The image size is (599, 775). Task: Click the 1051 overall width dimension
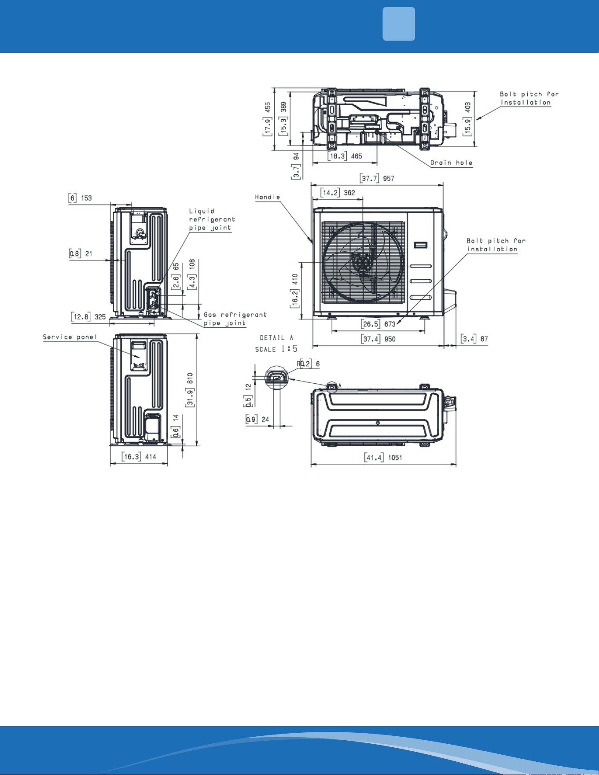(x=395, y=457)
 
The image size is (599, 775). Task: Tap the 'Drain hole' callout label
(x=451, y=163)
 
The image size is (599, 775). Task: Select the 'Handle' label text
(x=268, y=197)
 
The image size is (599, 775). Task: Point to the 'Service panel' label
(x=70, y=337)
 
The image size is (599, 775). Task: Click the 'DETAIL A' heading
(x=276, y=338)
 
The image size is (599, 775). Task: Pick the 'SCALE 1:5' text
(x=276, y=349)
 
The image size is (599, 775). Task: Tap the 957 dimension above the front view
(x=389, y=178)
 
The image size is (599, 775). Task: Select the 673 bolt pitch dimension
(x=390, y=324)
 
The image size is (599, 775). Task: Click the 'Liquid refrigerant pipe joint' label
(x=212, y=220)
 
